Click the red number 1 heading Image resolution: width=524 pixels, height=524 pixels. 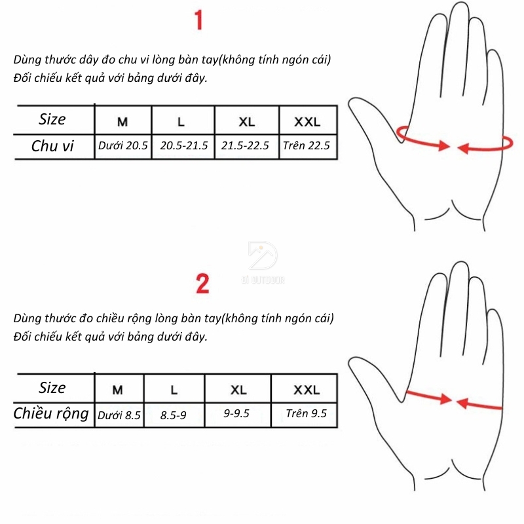coord(198,20)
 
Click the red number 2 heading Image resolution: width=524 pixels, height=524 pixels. coord(202,284)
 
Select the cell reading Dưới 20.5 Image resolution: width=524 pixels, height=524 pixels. coord(123,145)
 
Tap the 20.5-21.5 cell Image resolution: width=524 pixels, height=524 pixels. coord(184,145)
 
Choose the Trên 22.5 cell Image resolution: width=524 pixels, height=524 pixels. coord(307,145)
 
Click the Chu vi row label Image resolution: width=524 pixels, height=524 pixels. coord(52,146)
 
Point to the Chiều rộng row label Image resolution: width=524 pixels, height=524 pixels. coord(51,414)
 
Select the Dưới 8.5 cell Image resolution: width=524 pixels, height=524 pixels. coord(119,415)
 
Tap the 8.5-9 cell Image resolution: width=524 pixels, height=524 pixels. coord(173,415)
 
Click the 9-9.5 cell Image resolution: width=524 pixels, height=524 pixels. coord(236,413)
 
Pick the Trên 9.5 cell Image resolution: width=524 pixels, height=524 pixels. coord(306,413)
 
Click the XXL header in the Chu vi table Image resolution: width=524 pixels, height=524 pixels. coord(307,122)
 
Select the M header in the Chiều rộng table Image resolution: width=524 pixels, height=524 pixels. coord(118,390)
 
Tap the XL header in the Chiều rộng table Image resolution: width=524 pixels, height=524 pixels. coord(238,390)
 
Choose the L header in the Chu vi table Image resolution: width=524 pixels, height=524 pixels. coord(181,122)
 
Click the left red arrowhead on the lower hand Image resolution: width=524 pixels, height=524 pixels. coord(446,399)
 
